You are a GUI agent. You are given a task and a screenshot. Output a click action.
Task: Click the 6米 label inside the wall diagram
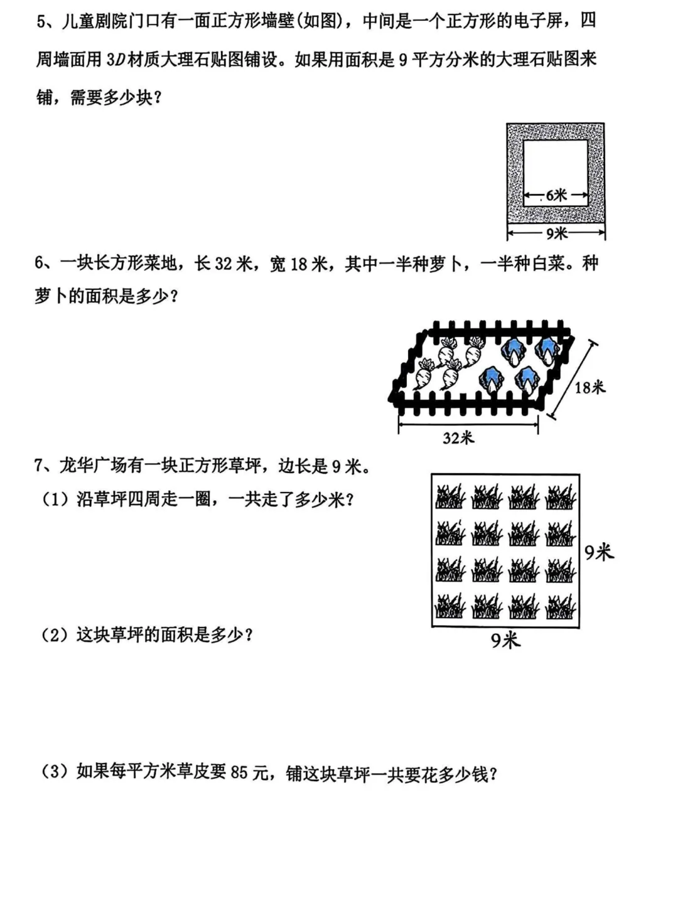(556, 196)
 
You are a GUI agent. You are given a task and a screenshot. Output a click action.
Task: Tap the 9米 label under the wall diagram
(556, 233)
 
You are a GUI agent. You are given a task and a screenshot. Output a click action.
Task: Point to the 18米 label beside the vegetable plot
(590, 387)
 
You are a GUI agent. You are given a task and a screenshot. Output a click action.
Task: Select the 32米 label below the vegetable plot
(458, 437)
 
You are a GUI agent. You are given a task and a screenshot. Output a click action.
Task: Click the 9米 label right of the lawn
(598, 552)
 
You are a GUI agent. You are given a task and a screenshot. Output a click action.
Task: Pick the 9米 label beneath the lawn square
(505, 641)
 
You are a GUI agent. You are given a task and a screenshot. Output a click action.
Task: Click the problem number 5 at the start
(41, 22)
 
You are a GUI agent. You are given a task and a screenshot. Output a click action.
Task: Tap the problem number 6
(40, 264)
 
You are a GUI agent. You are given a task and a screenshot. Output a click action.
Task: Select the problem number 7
(40, 466)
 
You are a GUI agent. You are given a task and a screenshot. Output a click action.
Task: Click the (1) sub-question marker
(55, 500)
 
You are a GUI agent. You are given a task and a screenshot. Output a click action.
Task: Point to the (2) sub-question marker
(55, 635)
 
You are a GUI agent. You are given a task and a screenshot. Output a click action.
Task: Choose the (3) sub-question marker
(55, 771)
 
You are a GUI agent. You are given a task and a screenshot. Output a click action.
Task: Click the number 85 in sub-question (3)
(239, 772)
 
